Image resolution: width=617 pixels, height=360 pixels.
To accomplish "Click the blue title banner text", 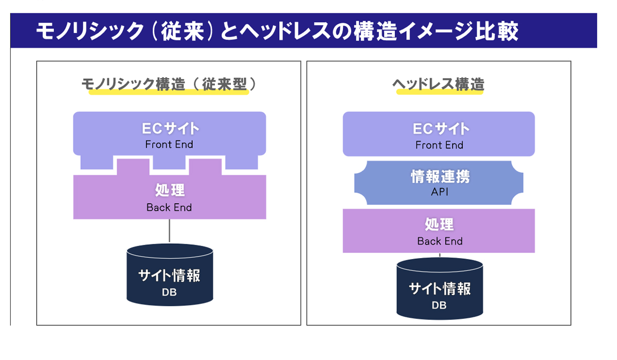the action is (x=277, y=31).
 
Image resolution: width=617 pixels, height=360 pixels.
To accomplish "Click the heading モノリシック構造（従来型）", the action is (x=169, y=84).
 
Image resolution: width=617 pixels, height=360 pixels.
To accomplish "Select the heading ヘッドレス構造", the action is (x=439, y=84).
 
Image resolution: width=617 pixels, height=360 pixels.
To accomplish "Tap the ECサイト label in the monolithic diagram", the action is (x=170, y=129).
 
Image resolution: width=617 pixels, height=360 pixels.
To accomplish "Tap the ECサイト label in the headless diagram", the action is (x=441, y=129).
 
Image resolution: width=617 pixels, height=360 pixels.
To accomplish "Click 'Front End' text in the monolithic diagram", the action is (x=169, y=145).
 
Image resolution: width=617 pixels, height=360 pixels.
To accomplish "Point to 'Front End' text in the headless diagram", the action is (x=439, y=145).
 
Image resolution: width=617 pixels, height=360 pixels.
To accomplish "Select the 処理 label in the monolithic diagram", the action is (x=170, y=190).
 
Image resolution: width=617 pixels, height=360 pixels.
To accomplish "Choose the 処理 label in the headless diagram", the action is (x=439, y=224).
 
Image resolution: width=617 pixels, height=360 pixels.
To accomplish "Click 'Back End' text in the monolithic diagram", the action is (x=169, y=207).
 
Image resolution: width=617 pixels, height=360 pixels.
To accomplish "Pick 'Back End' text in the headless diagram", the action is (x=440, y=241).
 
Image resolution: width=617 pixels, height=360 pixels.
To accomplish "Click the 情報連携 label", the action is (x=441, y=176).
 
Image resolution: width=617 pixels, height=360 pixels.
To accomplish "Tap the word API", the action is (x=440, y=192).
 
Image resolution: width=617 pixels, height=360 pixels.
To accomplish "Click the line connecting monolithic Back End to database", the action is (x=169, y=231).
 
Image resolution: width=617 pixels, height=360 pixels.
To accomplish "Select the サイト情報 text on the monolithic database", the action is (x=169, y=276).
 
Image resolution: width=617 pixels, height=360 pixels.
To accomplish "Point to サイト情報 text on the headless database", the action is (x=440, y=289).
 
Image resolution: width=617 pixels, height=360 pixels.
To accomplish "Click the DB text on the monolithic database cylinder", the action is (x=169, y=292).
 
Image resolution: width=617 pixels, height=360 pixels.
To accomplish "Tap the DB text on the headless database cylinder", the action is (x=439, y=305).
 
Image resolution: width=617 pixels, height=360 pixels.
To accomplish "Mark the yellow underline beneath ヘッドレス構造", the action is (x=440, y=92).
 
